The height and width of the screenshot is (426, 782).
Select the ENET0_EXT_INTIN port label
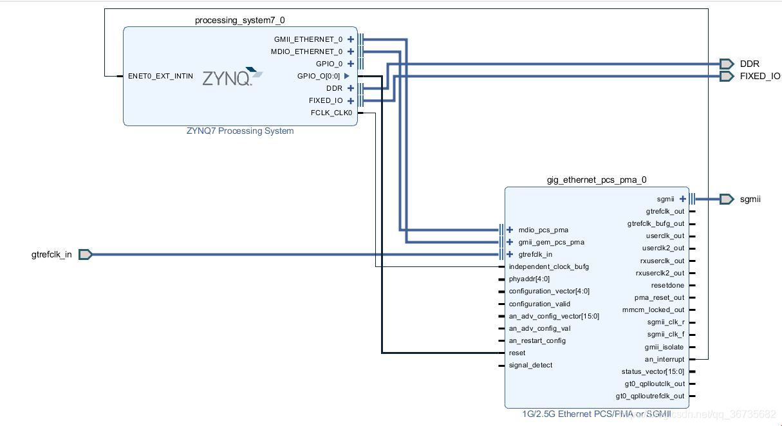pos(160,76)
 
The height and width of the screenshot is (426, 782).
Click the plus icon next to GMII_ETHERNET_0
pos(351,39)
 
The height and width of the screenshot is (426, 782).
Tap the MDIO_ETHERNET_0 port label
pos(306,51)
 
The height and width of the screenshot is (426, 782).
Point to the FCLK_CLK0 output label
pos(331,113)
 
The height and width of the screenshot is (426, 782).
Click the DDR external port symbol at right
pos(727,64)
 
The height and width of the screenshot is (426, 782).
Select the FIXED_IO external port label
pos(759,76)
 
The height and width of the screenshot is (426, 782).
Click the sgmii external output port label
pos(750,199)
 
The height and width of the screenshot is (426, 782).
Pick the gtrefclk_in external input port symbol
pos(85,255)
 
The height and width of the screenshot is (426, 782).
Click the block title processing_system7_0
pos(239,21)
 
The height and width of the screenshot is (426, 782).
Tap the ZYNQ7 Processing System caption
pos(239,131)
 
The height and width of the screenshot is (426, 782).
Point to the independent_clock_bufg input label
pos(548,266)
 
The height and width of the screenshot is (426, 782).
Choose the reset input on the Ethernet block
pos(517,353)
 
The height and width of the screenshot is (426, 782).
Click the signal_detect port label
pos(530,365)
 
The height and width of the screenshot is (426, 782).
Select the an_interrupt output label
pos(664,359)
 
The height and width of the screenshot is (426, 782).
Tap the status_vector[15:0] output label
pos(653,371)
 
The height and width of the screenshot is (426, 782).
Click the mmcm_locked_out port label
pos(653,310)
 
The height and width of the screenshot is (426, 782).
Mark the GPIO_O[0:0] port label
pos(318,76)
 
